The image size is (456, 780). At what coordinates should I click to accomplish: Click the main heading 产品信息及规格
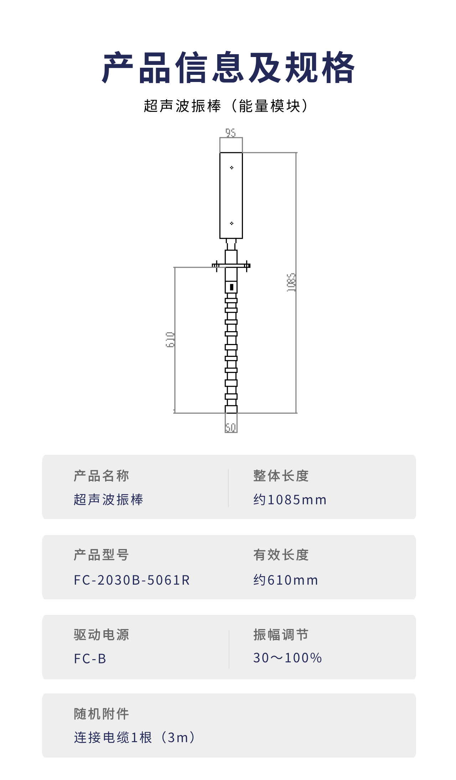(x=228, y=67)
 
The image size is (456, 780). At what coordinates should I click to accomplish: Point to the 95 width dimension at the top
(x=230, y=133)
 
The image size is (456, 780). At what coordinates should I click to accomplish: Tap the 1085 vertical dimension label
(x=291, y=282)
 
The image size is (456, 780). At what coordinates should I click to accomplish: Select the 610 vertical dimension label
(x=170, y=339)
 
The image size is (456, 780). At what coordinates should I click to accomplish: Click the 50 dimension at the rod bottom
(x=231, y=427)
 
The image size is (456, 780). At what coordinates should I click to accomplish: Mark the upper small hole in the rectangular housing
(x=232, y=168)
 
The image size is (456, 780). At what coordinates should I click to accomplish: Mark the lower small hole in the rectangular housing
(x=232, y=223)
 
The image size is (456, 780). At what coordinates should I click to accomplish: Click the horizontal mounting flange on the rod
(x=231, y=265)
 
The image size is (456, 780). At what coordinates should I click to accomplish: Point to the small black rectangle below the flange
(x=232, y=287)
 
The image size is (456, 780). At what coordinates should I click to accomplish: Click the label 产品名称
(x=102, y=476)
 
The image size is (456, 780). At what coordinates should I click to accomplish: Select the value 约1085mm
(x=290, y=500)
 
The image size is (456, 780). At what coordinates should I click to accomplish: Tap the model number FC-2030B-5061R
(x=132, y=580)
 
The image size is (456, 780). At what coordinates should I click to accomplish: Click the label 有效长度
(x=281, y=555)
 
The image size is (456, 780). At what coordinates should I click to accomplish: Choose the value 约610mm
(x=286, y=580)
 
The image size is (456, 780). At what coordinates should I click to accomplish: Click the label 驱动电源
(x=102, y=635)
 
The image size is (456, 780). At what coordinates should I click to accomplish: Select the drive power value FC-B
(x=90, y=659)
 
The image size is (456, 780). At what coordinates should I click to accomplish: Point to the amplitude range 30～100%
(x=287, y=658)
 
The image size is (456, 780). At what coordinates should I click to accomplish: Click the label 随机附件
(x=102, y=714)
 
